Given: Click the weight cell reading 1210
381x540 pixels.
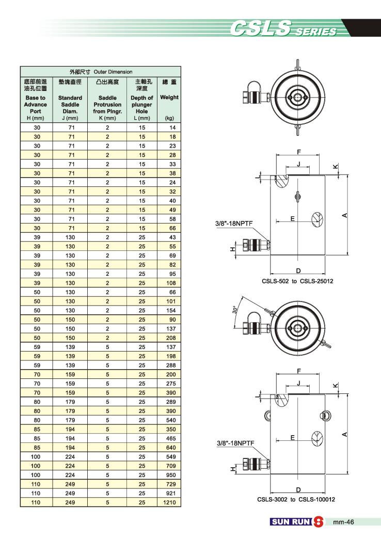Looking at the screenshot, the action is [x=169, y=502].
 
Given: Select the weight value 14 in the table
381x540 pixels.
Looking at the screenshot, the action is [x=172, y=128].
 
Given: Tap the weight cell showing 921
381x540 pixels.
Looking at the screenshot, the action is [x=171, y=493].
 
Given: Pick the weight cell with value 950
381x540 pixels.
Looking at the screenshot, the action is [x=171, y=475].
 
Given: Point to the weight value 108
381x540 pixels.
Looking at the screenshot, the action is [x=171, y=283].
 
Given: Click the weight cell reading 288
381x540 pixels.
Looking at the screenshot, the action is [x=171, y=366].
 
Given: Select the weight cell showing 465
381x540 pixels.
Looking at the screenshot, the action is [x=171, y=438].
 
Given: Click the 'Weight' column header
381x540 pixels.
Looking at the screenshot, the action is [x=169, y=97].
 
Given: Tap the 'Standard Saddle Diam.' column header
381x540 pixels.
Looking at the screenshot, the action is [x=70, y=104].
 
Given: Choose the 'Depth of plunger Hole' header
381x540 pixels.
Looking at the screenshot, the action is [x=141, y=104].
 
